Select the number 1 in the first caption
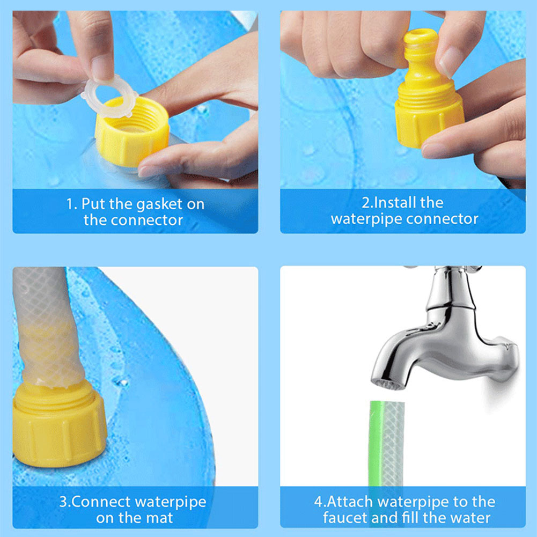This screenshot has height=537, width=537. tap(69, 204)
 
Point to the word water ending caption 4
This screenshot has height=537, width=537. tap(469, 518)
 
